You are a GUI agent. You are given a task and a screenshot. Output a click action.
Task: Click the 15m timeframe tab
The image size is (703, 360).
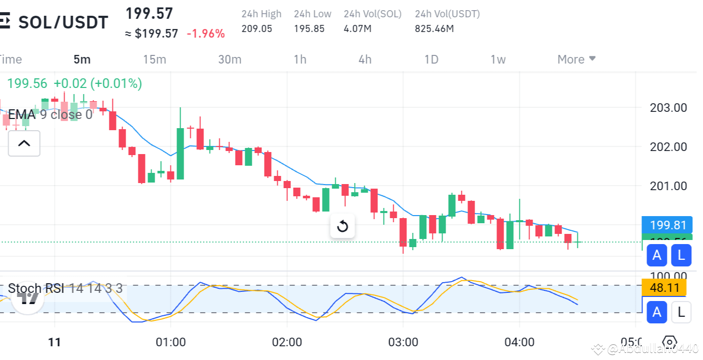pyautogui.click(x=155, y=59)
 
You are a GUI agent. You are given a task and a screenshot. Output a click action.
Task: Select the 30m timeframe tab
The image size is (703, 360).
pyautogui.click(x=229, y=59)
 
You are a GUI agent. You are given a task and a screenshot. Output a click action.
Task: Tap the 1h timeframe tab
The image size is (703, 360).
pyautogui.click(x=300, y=59)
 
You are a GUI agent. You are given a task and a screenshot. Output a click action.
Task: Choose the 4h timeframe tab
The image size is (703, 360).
pyautogui.click(x=365, y=59)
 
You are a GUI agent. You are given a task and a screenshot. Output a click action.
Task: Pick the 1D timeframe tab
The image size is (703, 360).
pyautogui.click(x=431, y=59)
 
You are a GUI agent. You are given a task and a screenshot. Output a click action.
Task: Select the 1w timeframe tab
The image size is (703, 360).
pyautogui.click(x=498, y=59)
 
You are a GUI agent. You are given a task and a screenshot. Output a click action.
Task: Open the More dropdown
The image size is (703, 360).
pyautogui.click(x=576, y=59)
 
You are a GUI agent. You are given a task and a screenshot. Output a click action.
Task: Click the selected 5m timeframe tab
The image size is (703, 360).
pyautogui.click(x=82, y=59)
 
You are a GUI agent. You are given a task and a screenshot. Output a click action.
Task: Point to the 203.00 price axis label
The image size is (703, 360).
pyautogui.click(x=668, y=108)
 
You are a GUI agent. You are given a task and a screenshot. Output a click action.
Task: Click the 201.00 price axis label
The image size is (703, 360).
pyautogui.click(x=668, y=186)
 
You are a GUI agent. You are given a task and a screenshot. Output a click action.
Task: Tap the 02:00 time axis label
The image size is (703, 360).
pyautogui.click(x=287, y=342)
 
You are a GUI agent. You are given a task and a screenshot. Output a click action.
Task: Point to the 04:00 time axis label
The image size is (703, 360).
pyautogui.click(x=519, y=342)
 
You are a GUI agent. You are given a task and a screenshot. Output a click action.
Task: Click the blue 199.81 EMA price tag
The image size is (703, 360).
pyautogui.click(x=667, y=225)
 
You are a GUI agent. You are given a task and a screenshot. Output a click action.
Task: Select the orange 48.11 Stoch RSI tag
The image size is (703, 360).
pyautogui.click(x=664, y=288)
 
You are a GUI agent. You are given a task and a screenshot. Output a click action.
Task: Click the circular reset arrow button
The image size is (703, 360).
pyautogui.click(x=342, y=226)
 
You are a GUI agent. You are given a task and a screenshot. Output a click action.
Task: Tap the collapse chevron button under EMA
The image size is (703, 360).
pyautogui.click(x=24, y=143)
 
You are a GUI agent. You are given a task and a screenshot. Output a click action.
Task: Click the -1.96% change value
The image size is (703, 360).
pyautogui.click(x=206, y=34)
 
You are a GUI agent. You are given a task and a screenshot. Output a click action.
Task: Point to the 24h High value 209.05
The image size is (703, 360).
pyautogui.click(x=257, y=28)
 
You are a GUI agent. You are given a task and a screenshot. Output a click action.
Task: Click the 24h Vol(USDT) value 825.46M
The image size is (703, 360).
pyautogui.click(x=434, y=28)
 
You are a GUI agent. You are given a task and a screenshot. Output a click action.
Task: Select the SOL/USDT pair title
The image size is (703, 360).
pyautogui.click(x=63, y=22)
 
